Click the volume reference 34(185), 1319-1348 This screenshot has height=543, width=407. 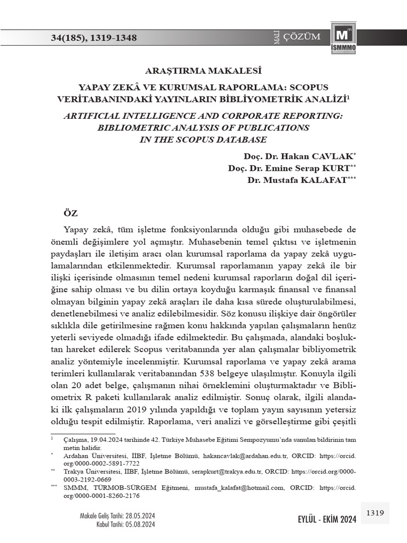click(x=93, y=38)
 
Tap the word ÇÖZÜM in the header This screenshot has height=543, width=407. click(x=302, y=37)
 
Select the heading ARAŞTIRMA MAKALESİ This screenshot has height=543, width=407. click(x=203, y=70)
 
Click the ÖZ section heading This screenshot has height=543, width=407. click(x=70, y=213)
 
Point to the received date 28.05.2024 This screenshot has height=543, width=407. click(x=139, y=515)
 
